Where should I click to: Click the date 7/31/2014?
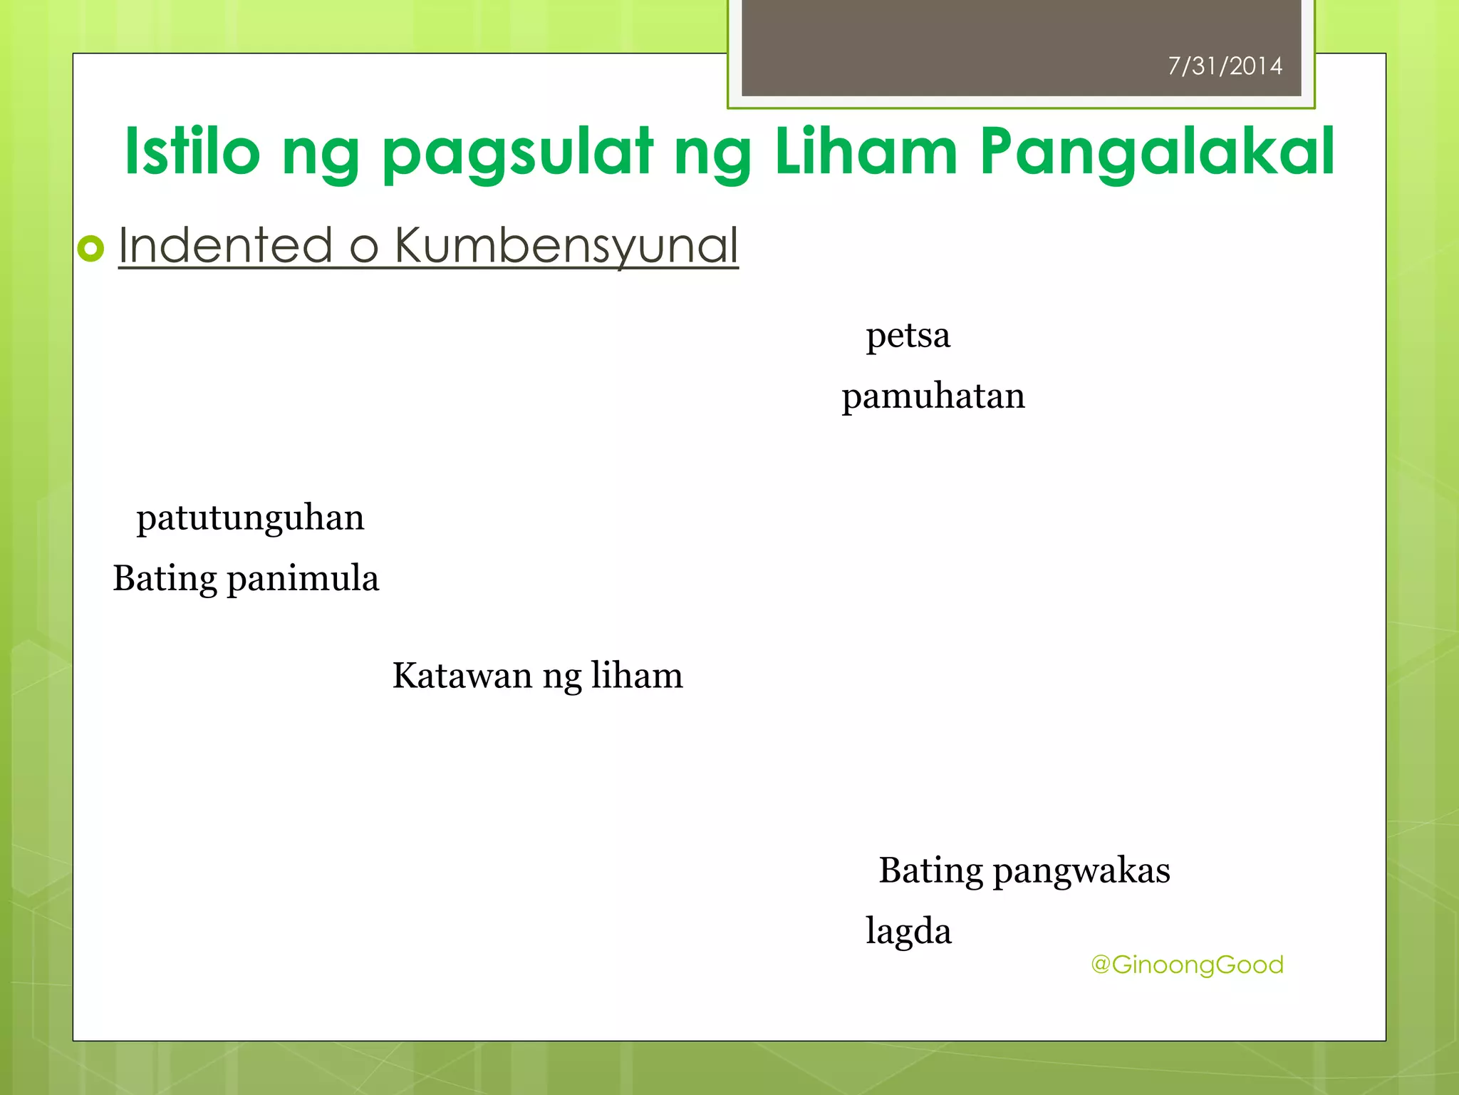coord(1225,66)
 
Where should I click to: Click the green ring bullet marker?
coord(91,249)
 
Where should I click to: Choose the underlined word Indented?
coord(225,245)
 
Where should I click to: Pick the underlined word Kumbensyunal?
coord(566,247)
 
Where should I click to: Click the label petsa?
coord(908,336)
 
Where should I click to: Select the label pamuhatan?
coord(933,396)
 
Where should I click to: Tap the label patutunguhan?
coord(250,518)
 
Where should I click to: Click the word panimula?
coord(303,579)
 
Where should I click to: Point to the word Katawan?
coord(462,676)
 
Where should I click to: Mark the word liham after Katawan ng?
coord(637,676)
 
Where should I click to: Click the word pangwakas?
coord(1081,871)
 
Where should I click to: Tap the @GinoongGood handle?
coord(1187,965)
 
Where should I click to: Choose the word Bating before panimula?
coord(165,579)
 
